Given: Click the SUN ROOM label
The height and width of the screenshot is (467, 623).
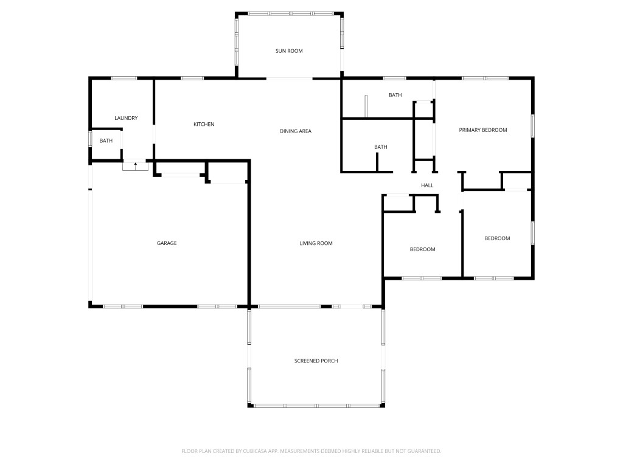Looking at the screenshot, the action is pyautogui.click(x=289, y=51).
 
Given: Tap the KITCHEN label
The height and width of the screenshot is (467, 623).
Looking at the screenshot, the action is pyautogui.click(x=204, y=124).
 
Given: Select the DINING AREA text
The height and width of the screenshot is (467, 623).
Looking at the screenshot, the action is pyautogui.click(x=295, y=131).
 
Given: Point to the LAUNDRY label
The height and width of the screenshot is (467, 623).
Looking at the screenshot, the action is pyautogui.click(x=126, y=118).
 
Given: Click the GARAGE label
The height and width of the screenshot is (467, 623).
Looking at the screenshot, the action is pyautogui.click(x=167, y=243).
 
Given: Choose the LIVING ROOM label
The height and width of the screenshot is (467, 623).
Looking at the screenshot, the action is pyautogui.click(x=316, y=243).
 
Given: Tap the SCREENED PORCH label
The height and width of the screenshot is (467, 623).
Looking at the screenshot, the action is pyautogui.click(x=316, y=361).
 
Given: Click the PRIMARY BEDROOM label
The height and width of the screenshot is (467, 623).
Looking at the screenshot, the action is pyautogui.click(x=482, y=130).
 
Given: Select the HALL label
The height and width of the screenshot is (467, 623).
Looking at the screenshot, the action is pyautogui.click(x=427, y=185).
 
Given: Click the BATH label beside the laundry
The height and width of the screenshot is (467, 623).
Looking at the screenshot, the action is pyautogui.click(x=106, y=140).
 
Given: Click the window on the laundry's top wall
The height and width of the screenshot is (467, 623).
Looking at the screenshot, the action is pyautogui.click(x=124, y=78).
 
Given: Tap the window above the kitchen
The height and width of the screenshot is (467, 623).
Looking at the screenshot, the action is pyautogui.click(x=192, y=78).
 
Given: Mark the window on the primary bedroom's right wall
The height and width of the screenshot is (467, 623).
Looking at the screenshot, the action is pyautogui.click(x=533, y=126).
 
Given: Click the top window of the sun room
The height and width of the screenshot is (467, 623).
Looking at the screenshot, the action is pyautogui.click(x=291, y=14).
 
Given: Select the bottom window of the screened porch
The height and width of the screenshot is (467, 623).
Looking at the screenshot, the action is pyautogui.click(x=316, y=406).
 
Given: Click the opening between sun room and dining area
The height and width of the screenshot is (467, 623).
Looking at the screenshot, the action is pyautogui.click(x=289, y=78).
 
